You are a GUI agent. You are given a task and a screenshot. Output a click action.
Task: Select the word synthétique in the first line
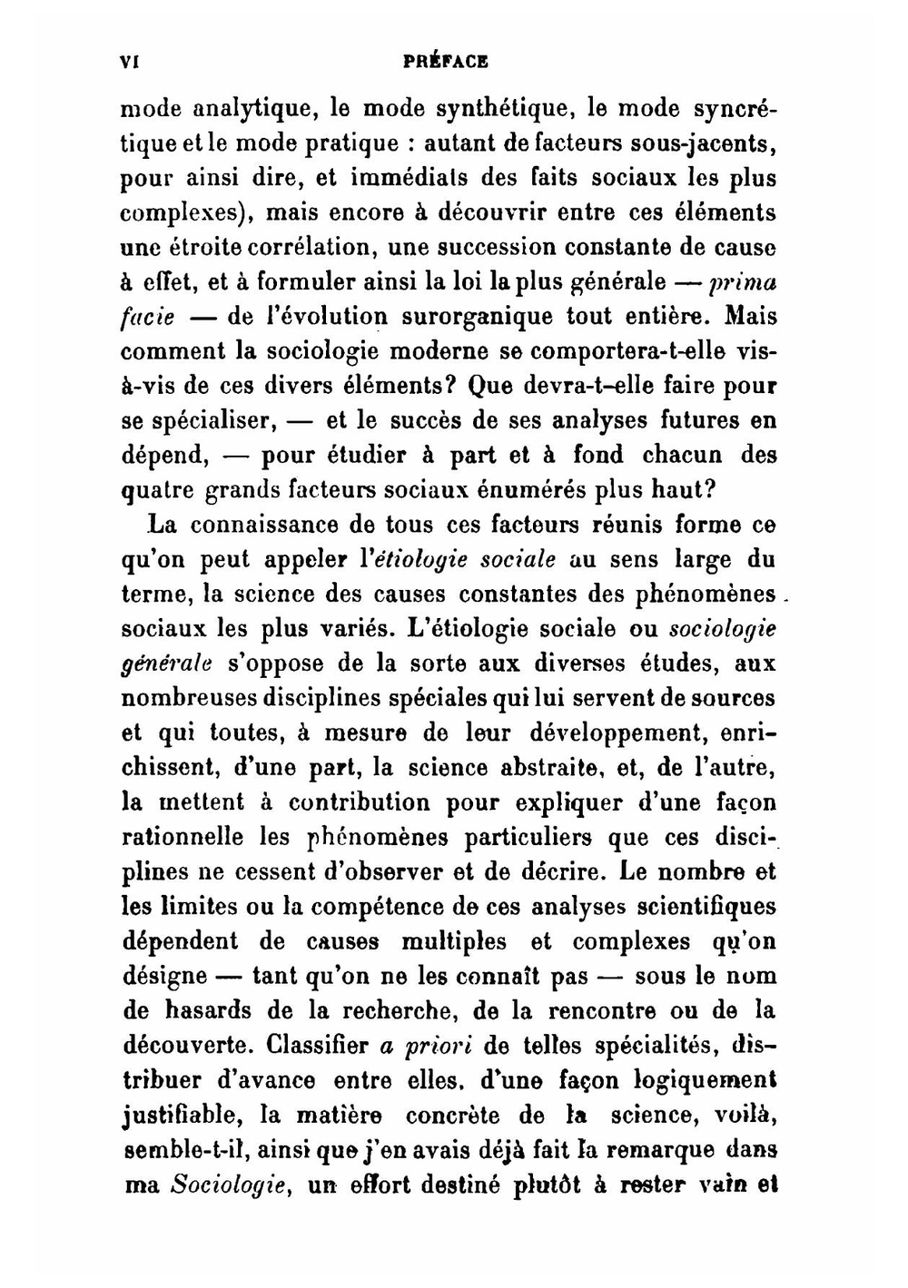[502, 109]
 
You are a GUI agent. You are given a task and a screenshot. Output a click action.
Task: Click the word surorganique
[470, 317]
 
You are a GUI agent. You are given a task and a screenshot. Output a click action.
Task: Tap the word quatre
[156, 491]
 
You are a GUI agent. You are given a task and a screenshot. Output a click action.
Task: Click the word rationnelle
[183, 837]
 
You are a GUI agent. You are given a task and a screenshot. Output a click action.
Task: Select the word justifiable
[183, 1115]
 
